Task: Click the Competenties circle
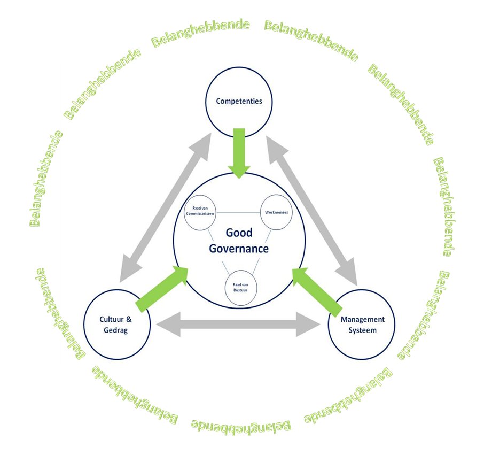(x=239, y=101)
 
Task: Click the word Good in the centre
(x=239, y=233)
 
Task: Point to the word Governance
(x=239, y=249)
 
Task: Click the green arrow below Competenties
(x=239, y=152)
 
